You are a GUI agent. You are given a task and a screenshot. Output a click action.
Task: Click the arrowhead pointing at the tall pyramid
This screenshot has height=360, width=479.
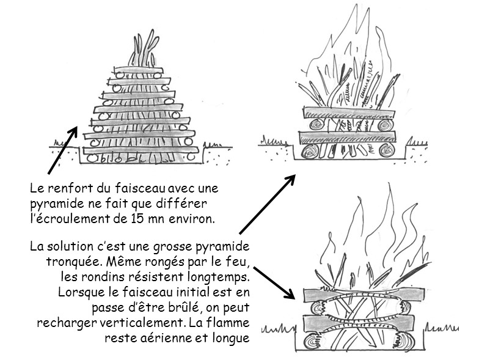click(x=76, y=130)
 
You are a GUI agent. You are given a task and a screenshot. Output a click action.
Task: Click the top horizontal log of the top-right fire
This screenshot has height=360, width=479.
click(x=348, y=113)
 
